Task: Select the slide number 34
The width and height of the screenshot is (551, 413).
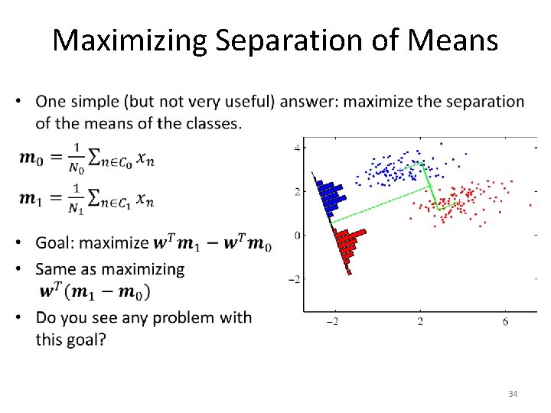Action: [x=513, y=394]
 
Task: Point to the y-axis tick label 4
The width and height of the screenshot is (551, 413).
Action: [x=296, y=147]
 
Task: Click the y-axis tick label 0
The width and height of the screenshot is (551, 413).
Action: [x=296, y=235]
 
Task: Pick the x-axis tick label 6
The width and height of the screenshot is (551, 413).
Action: [x=506, y=323]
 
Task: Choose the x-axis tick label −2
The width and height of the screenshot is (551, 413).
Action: [x=334, y=323]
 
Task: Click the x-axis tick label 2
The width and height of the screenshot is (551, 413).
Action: [x=420, y=323]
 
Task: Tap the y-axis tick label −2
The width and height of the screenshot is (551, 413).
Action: [x=293, y=279]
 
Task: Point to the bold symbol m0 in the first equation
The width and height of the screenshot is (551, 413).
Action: [x=31, y=158]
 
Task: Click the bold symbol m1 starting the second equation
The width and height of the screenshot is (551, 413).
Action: [x=31, y=200]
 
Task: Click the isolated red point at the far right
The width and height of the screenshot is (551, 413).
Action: [x=530, y=205]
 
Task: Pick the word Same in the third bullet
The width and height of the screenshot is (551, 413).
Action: [x=55, y=269]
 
